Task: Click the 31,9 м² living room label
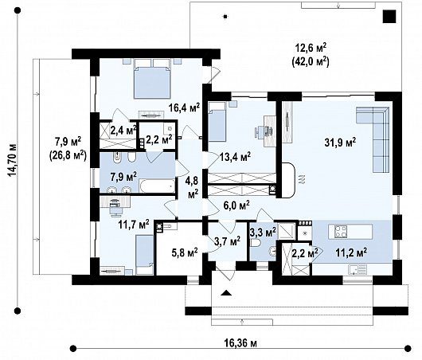[341, 142]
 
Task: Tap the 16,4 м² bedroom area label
[185, 108]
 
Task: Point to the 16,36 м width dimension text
[240, 343]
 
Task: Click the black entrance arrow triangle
[226, 293]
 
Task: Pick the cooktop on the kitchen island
[341, 232]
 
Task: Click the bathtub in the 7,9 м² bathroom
[157, 186]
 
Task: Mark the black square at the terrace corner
[389, 16]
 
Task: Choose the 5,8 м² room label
[185, 252]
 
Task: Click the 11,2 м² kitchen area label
[351, 252]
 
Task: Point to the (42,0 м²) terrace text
[311, 61]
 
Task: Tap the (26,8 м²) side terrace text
[68, 155]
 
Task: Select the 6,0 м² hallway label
[236, 205]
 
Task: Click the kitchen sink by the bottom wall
[358, 269]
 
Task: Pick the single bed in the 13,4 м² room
[217, 121]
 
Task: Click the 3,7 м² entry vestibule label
[228, 241]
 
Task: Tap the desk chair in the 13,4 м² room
[260, 131]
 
